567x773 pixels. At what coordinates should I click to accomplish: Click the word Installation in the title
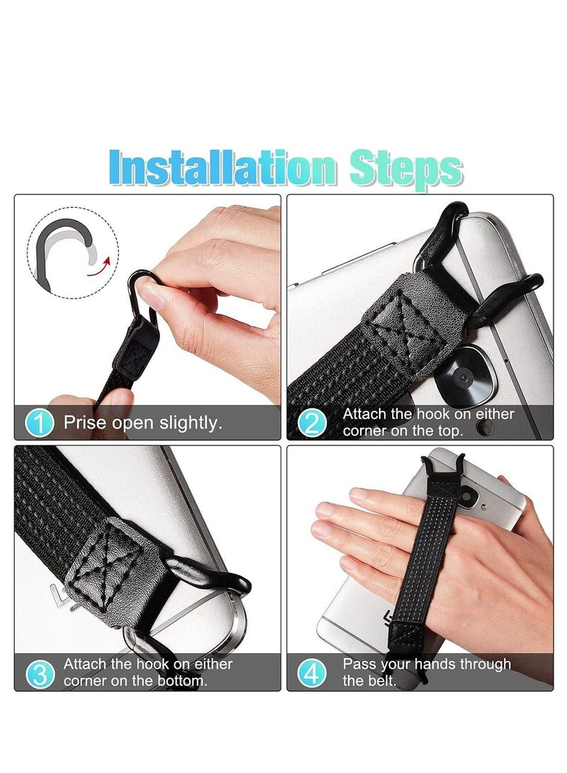pyautogui.click(x=223, y=169)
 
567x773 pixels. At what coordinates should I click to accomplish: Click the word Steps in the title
pyautogui.click(x=405, y=169)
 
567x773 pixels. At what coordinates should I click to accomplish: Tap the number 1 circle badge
pyautogui.click(x=40, y=423)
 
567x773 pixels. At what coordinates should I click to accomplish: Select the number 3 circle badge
pyautogui.click(x=40, y=673)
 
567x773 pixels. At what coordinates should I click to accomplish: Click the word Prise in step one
pyautogui.click(x=84, y=423)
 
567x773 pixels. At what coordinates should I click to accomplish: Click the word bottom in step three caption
pyautogui.click(x=180, y=681)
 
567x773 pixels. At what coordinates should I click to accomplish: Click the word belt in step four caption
pyautogui.click(x=383, y=681)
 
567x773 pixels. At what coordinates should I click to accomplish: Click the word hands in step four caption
pyautogui.click(x=439, y=664)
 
